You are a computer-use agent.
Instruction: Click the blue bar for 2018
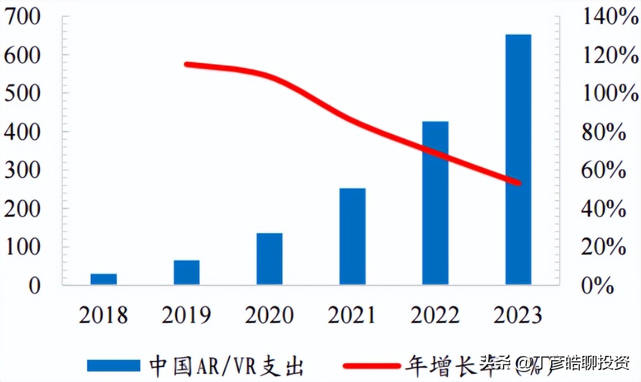point(104,279)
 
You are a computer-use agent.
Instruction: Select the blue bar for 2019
point(187,272)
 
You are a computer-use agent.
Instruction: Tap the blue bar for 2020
point(269,259)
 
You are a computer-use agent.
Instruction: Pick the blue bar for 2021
point(352,236)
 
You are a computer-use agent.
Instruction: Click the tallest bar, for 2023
point(518,159)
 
